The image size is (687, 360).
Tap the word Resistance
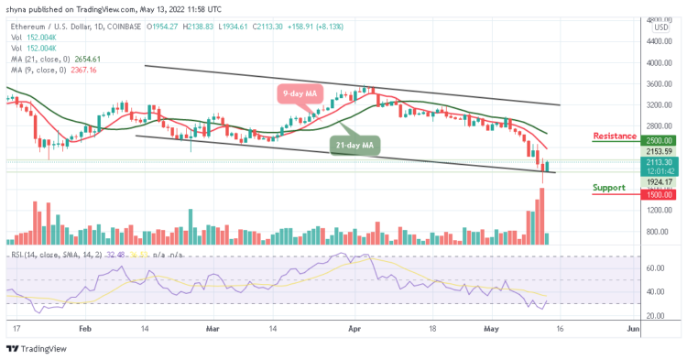click(x=615, y=136)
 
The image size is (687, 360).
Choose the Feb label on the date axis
click(x=84, y=326)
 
